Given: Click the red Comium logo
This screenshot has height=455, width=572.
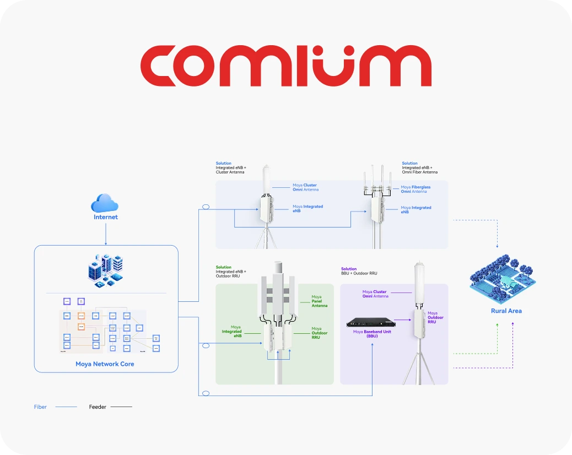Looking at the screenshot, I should click(285, 66).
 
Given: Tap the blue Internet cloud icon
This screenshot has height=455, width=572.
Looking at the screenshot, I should click(105, 203).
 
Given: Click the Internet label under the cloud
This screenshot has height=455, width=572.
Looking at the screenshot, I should click(105, 217).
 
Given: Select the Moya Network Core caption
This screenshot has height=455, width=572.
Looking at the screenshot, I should click(105, 364).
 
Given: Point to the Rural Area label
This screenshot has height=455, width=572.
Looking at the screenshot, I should click(506, 311).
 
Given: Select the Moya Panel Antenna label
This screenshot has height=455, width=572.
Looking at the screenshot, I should click(319, 301).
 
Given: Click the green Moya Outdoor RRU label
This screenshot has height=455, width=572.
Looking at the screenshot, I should click(319, 333).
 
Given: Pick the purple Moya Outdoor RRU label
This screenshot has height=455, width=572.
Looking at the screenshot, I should click(435, 317).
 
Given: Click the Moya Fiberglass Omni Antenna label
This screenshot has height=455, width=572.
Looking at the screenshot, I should click(415, 189).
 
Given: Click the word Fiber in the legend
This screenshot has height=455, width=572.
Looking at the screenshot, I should click(40, 407).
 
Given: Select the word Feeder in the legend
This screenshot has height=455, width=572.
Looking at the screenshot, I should click(98, 407).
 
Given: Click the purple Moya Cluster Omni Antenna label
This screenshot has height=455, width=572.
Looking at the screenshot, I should click(374, 294).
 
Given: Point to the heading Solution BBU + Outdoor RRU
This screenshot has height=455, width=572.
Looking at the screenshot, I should click(359, 271).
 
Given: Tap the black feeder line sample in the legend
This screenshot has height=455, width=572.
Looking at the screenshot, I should click(121, 407).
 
